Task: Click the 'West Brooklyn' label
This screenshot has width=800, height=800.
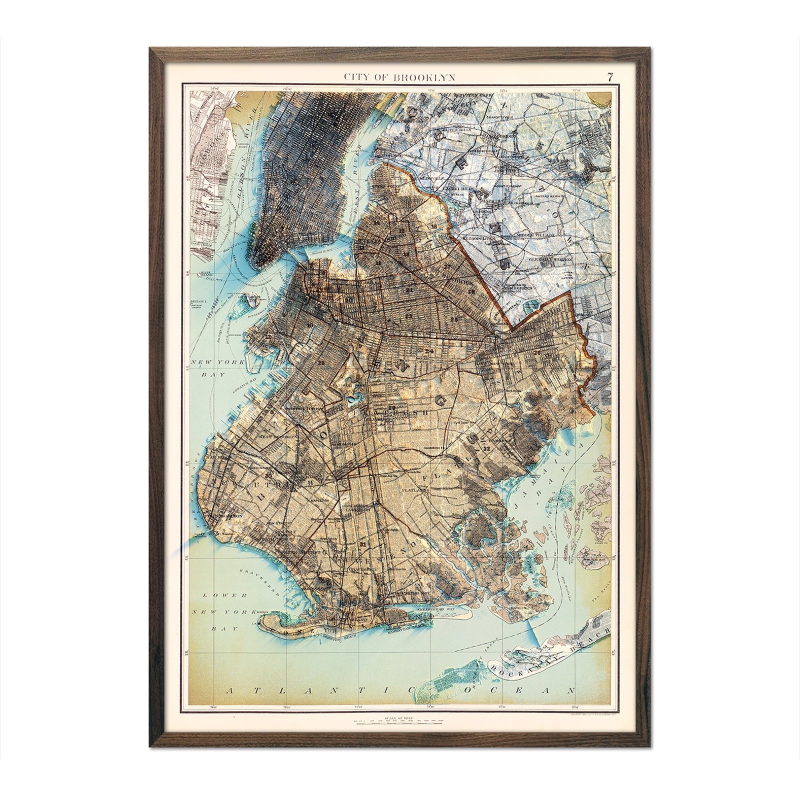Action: tap(274, 435)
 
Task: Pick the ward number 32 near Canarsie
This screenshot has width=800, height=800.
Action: tap(486, 448)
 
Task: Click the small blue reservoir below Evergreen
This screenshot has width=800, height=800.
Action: tap(534, 304)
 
